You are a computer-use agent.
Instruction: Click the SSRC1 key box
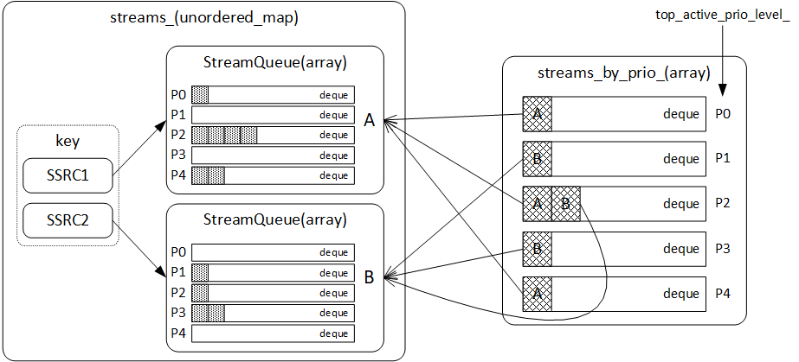pyautogui.click(x=68, y=177)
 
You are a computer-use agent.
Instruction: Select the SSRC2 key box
pyautogui.click(x=68, y=221)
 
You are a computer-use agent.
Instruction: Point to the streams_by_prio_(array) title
pyautogui.click(x=623, y=73)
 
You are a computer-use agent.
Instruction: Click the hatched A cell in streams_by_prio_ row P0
pyautogui.click(x=537, y=113)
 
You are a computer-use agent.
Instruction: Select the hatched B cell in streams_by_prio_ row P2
pyautogui.click(x=565, y=204)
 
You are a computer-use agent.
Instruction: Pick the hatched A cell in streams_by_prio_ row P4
pyautogui.click(x=537, y=294)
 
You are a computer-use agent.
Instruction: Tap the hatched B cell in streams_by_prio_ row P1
pyautogui.click(x=537, y=158)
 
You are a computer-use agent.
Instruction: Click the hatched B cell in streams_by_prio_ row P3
pyautogui.click(x=537, y=249)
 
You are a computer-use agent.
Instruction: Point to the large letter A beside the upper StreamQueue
pyautogui.click(x=369, y=122)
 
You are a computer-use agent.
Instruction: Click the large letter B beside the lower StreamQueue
pyautogui.click(x=369, y=277)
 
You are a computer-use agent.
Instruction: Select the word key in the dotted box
pyautogui.click(x=68, y=141)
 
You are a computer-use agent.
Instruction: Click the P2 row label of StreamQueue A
pyautogui.click(x=177, y=135)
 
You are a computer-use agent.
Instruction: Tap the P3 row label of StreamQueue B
pyautogui.click(x=177, y=312)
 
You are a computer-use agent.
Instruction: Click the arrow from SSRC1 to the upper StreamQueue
pyautogui.click(x=139, y=152)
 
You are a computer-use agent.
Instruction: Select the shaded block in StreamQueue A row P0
pyautogui.click(x=200, y=94)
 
